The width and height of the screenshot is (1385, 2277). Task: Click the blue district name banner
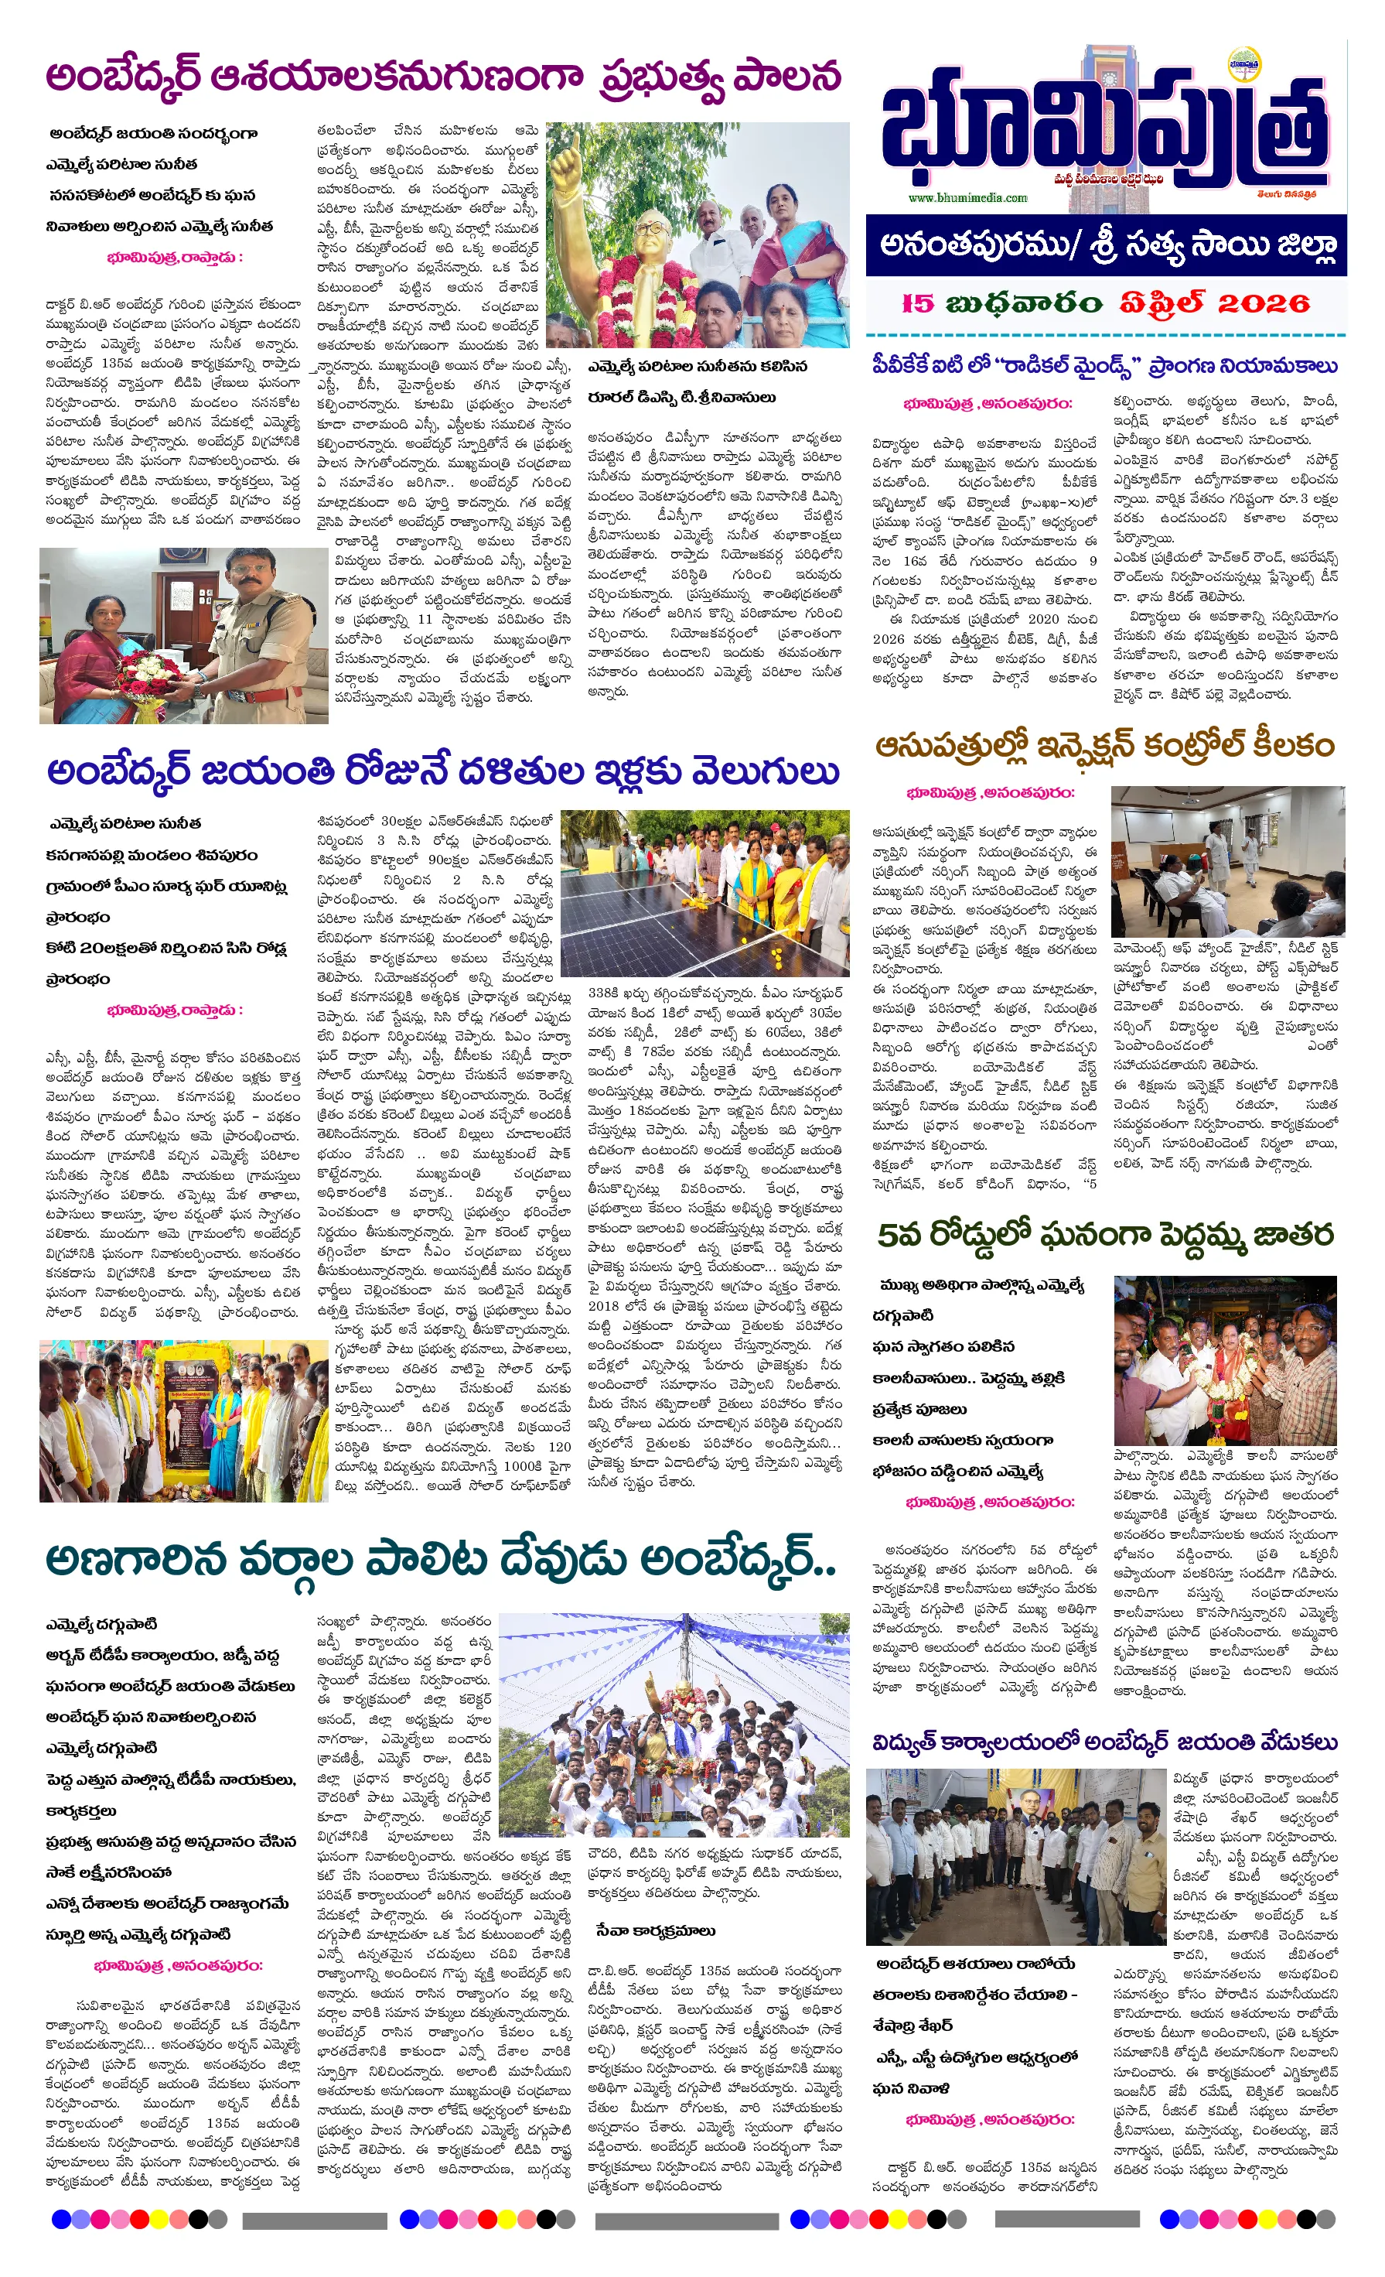[1106, 246]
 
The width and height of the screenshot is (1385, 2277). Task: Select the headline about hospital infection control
[1105, 746]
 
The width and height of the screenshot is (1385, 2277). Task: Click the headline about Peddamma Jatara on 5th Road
[1105, 1235]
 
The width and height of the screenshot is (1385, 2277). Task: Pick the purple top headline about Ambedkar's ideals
[444, 77]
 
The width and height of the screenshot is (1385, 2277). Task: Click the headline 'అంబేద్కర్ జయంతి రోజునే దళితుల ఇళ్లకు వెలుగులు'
[444, 771]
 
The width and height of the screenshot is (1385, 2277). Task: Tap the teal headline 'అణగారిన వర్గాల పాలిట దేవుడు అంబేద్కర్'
[441, 1561]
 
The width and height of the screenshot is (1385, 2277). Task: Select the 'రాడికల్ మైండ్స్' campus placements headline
[1105, 366]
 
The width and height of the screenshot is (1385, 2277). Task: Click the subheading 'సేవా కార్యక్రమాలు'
[655, 1931]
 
